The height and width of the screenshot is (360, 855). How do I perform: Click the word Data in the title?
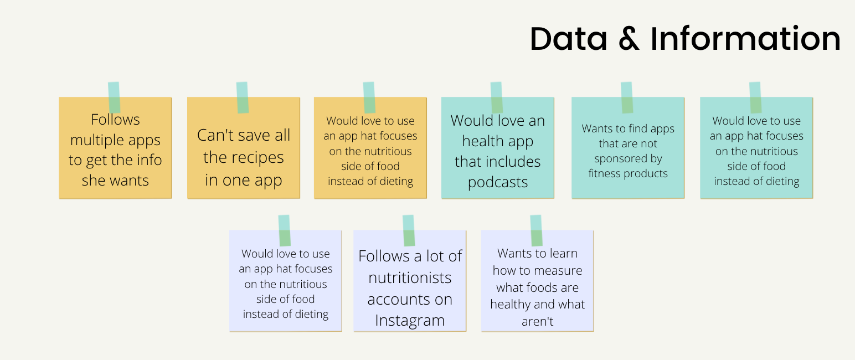[568, 39]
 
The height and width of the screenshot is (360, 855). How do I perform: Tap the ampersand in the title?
[629, 39]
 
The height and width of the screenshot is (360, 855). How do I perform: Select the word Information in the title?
[745, 38]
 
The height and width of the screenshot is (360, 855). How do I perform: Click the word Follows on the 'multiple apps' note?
[115, 120]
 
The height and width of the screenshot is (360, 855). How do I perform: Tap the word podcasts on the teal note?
[498, 182]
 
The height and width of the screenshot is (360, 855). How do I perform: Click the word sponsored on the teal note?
[629, 159]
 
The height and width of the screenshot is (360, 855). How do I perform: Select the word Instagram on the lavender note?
[410, 321]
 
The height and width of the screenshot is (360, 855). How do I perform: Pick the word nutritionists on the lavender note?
[410, 277]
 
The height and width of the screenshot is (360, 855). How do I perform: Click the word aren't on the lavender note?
[538, 321]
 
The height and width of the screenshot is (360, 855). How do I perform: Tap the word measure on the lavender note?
[559, 271]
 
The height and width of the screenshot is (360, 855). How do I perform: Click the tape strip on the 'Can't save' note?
[243, 97]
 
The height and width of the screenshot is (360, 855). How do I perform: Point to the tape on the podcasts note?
[496, 97]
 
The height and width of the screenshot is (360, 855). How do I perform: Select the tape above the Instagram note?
[409, 230]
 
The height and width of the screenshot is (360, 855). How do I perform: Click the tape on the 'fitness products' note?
[627, 97]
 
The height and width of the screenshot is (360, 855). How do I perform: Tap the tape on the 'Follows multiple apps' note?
[114, 97]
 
